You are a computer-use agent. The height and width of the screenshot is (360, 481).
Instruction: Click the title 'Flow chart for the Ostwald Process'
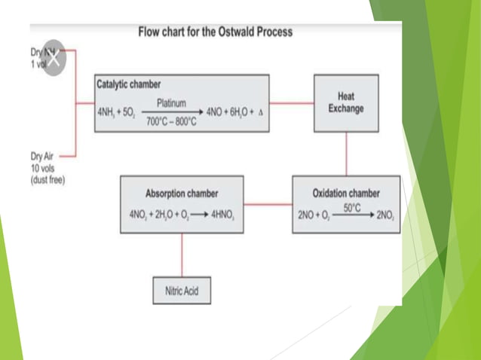point(215,32)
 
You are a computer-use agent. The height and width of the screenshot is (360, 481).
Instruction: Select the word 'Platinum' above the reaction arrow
point(171,102)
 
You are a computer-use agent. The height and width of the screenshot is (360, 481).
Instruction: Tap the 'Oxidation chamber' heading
point(346,193)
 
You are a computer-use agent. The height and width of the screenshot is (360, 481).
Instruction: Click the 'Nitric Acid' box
point(181,290)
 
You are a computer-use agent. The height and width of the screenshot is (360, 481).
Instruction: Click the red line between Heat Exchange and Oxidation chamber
point(345,154)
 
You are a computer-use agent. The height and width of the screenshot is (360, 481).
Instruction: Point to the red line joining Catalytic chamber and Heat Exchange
point(292,102)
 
